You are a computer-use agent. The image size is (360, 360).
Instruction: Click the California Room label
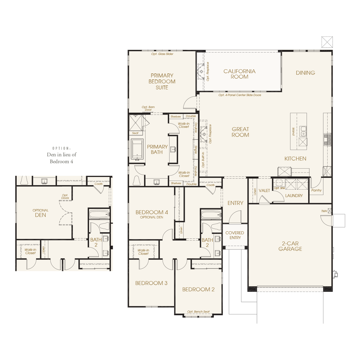[x=239, y=74]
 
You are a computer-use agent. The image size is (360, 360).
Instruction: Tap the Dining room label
[x=305, y=73]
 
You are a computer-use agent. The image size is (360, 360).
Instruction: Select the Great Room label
[x=240, y=132]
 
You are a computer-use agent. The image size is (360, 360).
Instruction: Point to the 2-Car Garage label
[x=290, y=246]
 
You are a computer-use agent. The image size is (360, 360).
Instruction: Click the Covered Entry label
[x=235, y=235]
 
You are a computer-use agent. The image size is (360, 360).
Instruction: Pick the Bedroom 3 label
[x=151, y=283]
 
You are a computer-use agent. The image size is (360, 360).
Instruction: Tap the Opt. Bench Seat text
[x=198, y=311]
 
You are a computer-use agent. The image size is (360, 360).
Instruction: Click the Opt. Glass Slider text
[x=162, y=54]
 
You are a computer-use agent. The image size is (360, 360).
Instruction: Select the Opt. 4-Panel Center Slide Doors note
[x=240, y=95]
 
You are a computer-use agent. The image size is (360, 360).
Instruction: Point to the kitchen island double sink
[x=303, y=131]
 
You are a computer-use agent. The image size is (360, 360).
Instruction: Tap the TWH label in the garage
[x=324, y=211]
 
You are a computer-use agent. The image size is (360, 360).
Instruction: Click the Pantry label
[x=316, y=190]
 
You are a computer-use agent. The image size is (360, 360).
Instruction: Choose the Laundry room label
[x=294, y=196]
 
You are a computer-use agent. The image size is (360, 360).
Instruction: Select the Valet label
[x=264, y=190]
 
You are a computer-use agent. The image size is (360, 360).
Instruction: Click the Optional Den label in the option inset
[x=40, y=213]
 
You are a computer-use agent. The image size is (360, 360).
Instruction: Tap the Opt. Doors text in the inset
[x=65, y=196]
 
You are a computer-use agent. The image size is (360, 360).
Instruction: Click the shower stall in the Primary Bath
[x=136, y=123]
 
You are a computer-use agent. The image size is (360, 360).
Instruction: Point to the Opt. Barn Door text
[x=148, y=108]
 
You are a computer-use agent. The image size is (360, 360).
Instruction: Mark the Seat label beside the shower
[x=135, y=133]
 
